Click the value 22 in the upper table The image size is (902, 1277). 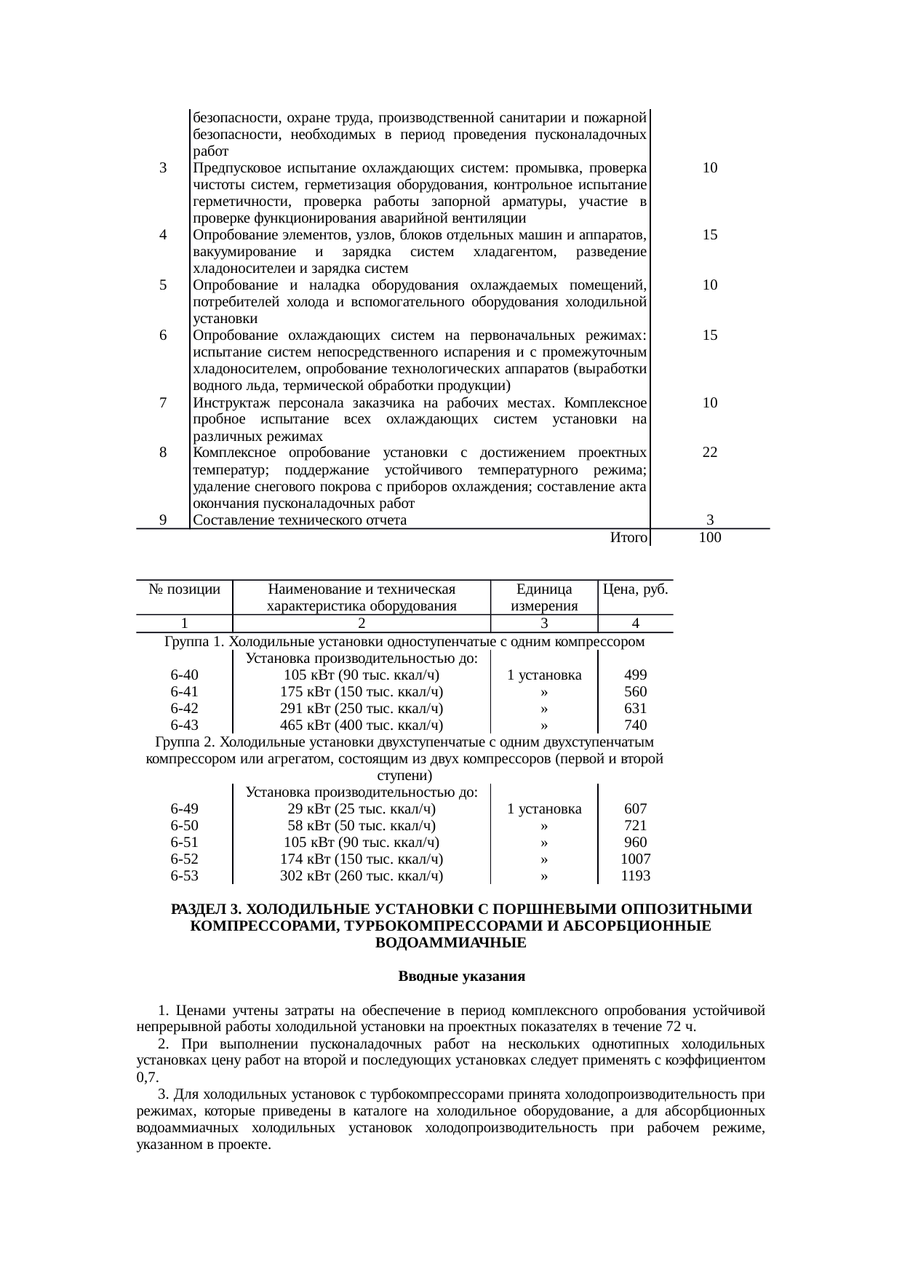click(710, 452)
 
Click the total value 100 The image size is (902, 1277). click(709, 538)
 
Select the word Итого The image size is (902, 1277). click(628, 538)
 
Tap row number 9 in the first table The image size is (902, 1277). click(163, 520)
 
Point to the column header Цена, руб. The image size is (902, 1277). click(636, 589)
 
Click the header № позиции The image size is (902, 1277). click(184, 589)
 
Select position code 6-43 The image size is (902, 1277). click(184, 725)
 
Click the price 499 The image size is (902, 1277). click(636, 675)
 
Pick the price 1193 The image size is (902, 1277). click(636, 875)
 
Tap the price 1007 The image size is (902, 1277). click(636, 859)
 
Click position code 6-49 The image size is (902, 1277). click(184, 808)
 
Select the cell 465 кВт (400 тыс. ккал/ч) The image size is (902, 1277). click(362, 725)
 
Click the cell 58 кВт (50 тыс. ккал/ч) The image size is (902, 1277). click(362, 825)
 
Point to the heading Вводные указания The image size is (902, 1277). click(461, 976)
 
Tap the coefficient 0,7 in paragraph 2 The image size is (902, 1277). click(146, 1078)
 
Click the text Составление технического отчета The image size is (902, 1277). click(300, 520)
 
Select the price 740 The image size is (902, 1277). click(636, 725)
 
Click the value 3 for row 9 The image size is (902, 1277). click(710, 520)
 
